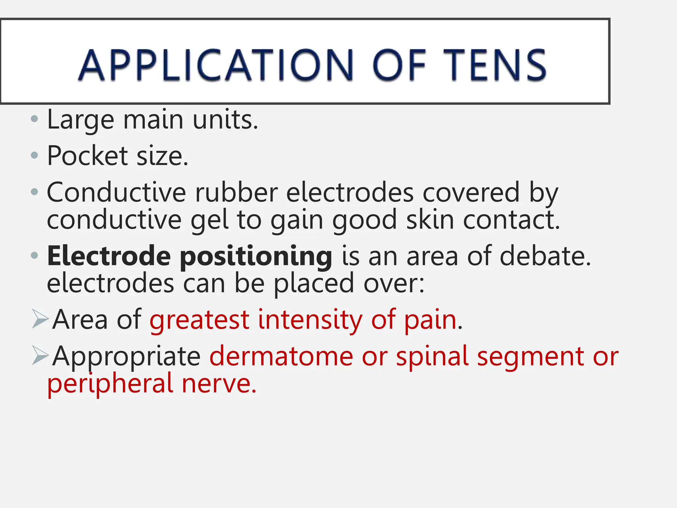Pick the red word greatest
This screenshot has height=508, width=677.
(x=199, y=320)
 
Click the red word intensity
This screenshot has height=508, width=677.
(x=310, y=320)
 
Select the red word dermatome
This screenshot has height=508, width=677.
(x=281, y=356)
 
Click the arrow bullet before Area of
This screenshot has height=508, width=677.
(x=40, y=319)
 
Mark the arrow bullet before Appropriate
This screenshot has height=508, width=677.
(x=40, y=355)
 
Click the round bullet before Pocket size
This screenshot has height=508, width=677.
(x=34, y=155)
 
